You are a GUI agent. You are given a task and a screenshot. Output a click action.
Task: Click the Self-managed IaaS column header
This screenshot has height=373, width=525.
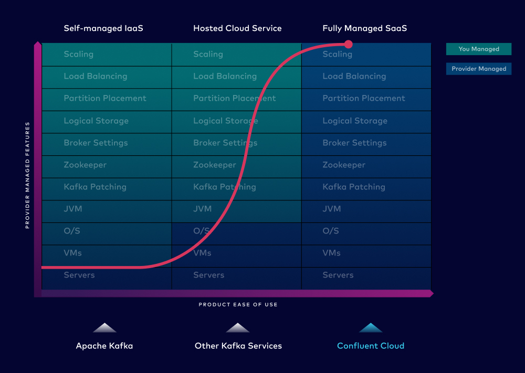tap(103, 28)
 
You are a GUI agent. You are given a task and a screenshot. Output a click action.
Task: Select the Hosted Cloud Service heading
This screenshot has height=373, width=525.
tap(237, 28)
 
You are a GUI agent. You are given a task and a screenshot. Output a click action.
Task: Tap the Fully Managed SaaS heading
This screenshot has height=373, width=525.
tap(365, 28)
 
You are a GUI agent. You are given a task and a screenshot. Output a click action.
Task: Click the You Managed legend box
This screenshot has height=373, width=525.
tap(479, 49)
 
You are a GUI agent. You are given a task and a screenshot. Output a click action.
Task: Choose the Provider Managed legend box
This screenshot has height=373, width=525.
tap(479, 69)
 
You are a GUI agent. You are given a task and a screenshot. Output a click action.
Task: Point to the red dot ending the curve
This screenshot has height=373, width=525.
tap(349, 44)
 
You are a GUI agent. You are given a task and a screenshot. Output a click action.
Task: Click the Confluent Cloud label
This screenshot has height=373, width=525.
tap(371, 346)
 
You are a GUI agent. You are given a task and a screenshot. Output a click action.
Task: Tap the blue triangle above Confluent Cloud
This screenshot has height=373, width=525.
tap(371, 328)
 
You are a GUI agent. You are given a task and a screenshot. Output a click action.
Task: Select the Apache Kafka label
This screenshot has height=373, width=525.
tap(104, 346)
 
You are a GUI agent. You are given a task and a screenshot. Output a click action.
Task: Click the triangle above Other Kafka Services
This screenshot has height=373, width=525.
tap(238, 328)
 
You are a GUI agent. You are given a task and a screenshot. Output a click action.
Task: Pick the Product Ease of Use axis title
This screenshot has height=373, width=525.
tap(238, 304)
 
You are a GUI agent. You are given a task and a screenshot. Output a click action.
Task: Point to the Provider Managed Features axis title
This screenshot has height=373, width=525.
tap(27, 175)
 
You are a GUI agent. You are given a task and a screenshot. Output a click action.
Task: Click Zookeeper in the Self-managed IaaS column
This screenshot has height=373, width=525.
tap(85, 165)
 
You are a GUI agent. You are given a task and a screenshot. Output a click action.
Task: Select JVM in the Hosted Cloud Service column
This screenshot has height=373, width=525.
tap(202, 209)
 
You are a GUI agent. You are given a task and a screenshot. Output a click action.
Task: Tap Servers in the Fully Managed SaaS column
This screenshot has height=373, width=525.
tap(338, 275)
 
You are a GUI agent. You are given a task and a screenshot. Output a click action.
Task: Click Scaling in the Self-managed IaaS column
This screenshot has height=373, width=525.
tap(79, 54)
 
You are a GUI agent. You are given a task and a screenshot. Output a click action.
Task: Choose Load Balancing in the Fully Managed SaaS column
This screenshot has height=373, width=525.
tap(354, 76)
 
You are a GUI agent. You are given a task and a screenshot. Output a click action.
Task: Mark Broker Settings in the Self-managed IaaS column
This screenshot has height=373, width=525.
tap(96, 143)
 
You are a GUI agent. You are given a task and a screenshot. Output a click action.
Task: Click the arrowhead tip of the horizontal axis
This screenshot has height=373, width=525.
tap(434, 293)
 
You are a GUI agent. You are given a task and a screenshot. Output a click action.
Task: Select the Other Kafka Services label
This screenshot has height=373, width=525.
tap(238, 346)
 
